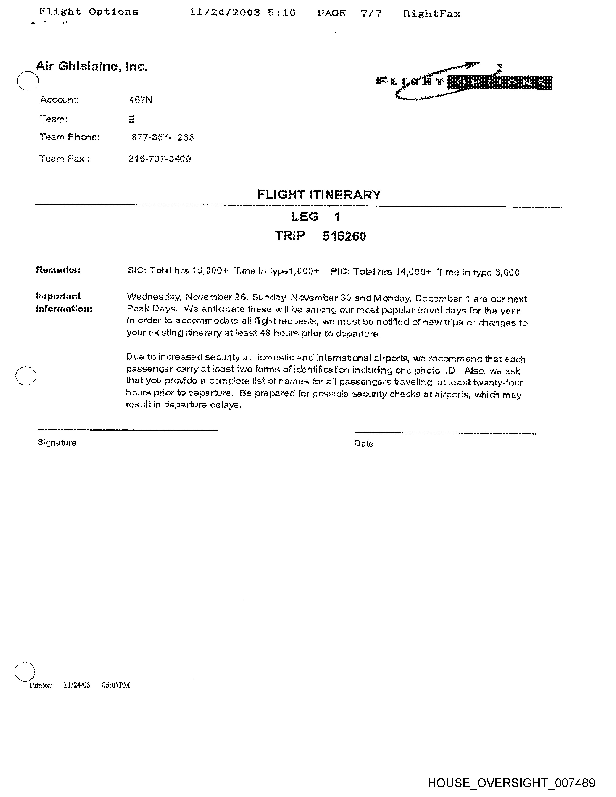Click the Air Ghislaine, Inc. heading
point(91,66)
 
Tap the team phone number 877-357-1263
point(163,138)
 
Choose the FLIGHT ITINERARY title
point(319,194)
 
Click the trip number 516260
point(344,236)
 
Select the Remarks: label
point(58,270)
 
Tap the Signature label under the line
point(57,443)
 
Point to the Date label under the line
point(364,444)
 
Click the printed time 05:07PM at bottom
point(116,685)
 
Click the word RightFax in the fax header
point(432,14)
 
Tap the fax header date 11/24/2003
point(225,13)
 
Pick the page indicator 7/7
point(371,14)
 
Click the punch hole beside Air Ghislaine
point(27,80)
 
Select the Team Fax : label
point(64,159)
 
